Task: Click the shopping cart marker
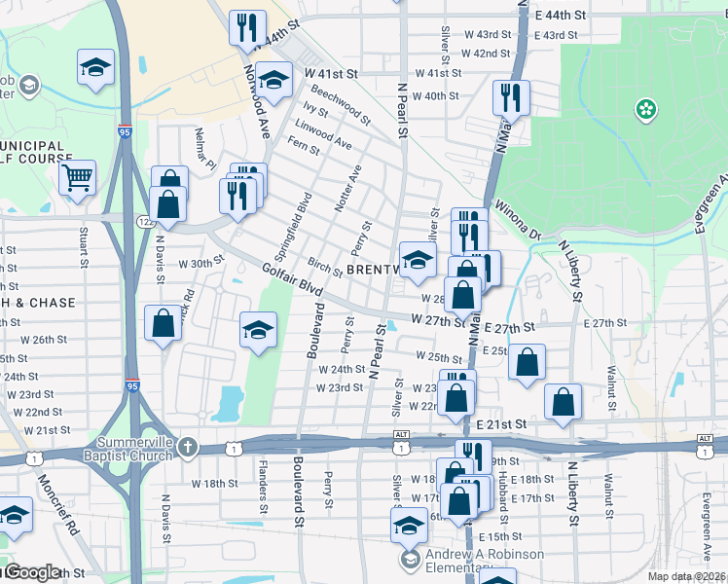(77, 178)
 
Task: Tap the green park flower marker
(644, 110)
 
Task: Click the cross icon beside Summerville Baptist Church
(188, 448)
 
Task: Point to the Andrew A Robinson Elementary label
(485, 561)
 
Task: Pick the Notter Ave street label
(355, 185)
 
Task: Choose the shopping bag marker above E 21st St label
(564, 402)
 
